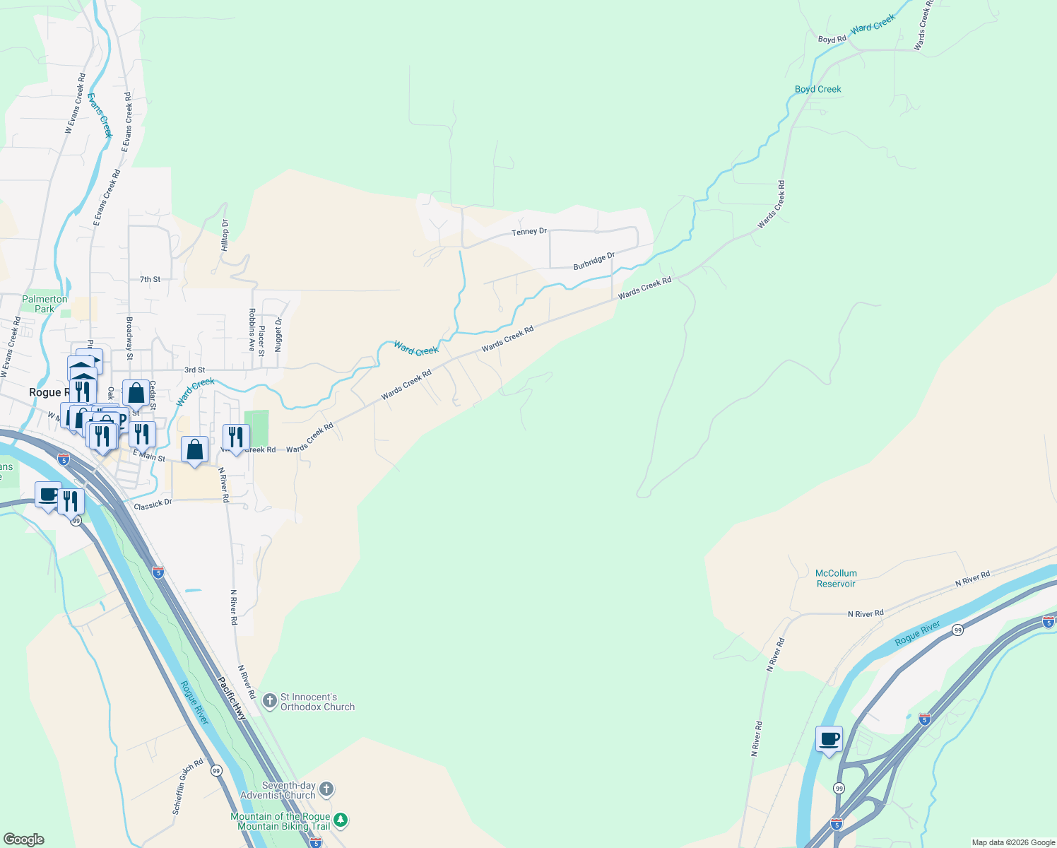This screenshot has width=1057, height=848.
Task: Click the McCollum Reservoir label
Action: tap(836, 578)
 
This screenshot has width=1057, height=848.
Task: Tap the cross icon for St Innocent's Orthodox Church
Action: tap(269, 701)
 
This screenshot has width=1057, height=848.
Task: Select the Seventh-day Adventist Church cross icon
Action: tap(326, 789)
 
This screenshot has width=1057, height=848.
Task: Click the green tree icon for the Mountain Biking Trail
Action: tap(341, 820)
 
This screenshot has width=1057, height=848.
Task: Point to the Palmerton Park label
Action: tap(45, 304)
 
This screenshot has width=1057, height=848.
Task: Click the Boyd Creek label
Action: tap(817, 89)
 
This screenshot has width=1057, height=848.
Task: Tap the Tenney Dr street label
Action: tap(529, 232)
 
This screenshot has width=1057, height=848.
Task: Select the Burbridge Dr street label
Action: tap(594, 261)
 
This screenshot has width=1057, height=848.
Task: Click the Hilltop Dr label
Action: tap(225, 235)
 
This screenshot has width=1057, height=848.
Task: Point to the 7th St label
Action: tap(150, 280)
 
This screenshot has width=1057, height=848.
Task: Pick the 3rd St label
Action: tap(194, 370)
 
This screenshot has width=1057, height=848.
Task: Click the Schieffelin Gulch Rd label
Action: tap(188, 786)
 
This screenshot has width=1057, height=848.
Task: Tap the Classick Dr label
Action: tap(153, 505)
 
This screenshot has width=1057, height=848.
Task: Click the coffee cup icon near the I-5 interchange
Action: tap(829, 739)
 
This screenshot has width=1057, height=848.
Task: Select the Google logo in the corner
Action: tap(23, 839)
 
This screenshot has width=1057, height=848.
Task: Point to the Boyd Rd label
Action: tap(832, 40)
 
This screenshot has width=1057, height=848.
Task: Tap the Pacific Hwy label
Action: tap(231, 698)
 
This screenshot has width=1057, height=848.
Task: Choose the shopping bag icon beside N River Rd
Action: tap(194, 449)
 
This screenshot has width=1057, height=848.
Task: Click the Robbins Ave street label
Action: tap(252, 329)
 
